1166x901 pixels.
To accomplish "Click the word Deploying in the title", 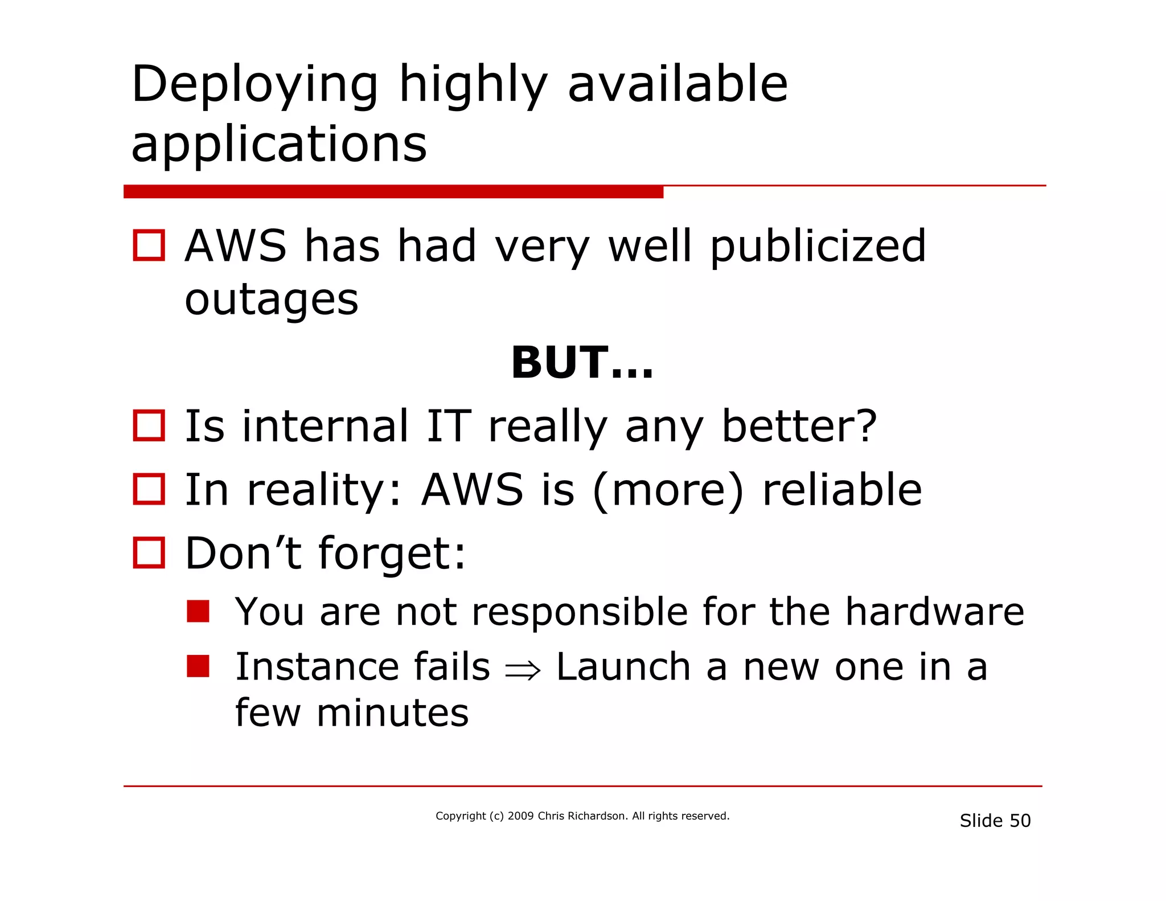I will [x=254, y=85].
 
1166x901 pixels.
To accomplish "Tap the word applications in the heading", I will [x=278, y=145].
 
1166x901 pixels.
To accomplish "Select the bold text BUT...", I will [x=581, y=363].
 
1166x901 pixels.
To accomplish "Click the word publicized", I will [x=818, y=247].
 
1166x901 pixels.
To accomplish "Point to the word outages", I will [x=272, y=300].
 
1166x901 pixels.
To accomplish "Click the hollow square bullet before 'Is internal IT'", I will [x=149, y=425].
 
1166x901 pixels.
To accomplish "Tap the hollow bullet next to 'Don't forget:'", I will [x=149, y=552].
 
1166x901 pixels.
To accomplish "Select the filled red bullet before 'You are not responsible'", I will [x=198, y=611].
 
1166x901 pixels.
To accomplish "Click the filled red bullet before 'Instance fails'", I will [x=198, y=666].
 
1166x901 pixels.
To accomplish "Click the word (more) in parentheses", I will [x=668, y=490].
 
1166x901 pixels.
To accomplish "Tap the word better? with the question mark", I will [x=799, y=427].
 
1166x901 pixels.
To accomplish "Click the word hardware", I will [x=934, y=612].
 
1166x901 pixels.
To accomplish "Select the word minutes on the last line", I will [x=392, y=713].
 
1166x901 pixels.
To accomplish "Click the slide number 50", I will [x=1020, y=821].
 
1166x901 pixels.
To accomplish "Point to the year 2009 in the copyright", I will [x=520, y=816].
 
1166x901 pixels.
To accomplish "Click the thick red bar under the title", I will [x=393, y=192].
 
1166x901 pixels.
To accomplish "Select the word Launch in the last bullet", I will [x=623, y=667].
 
